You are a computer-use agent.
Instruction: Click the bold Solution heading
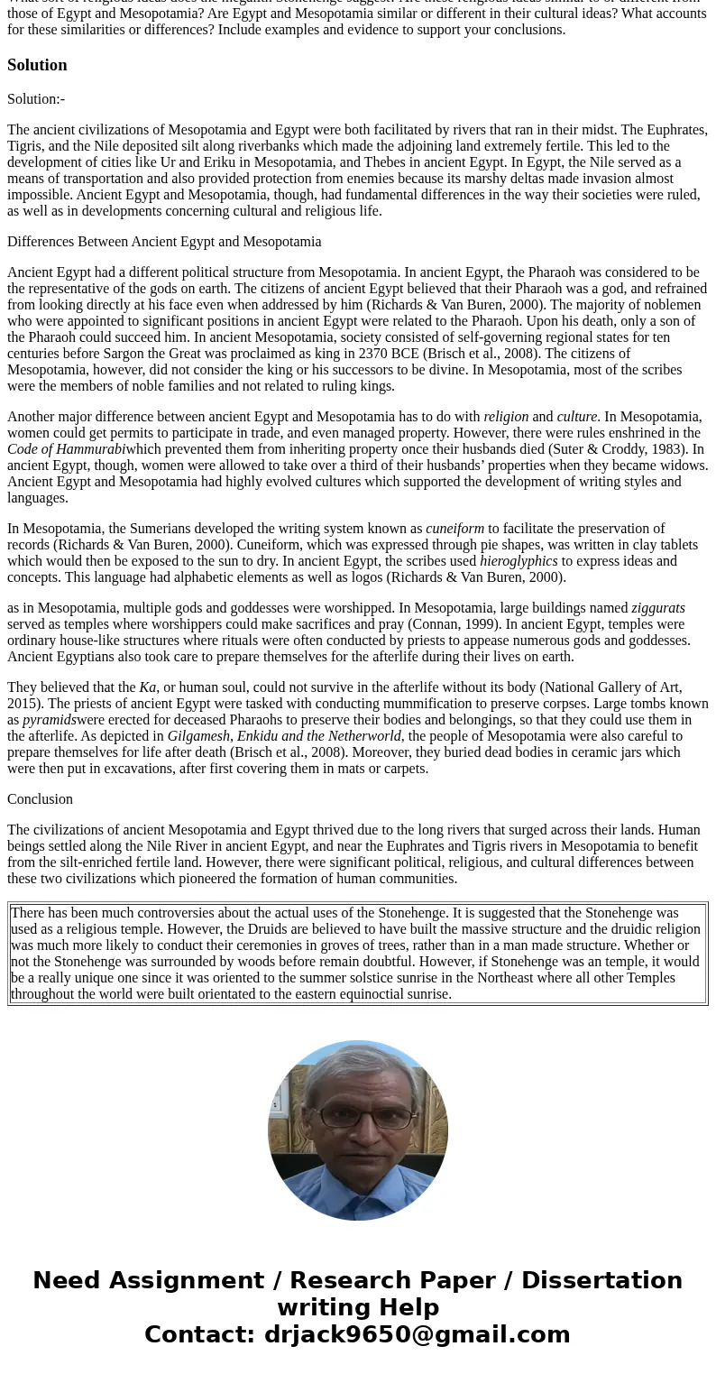coord(37,65)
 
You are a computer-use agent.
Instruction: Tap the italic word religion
coord(506,417)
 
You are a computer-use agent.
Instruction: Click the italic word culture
coord(576,417)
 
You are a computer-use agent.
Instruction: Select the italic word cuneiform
coord(454,529)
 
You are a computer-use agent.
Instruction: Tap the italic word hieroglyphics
coord(519,561)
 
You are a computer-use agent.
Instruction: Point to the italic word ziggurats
coord(658,608)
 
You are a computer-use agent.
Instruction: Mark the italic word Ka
coord(148,687)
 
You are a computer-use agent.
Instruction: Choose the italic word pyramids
coord(49,720)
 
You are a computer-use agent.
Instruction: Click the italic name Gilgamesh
coord(198,736)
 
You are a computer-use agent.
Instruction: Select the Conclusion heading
coord(40,799)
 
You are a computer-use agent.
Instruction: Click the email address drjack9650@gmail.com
coord(417,1334)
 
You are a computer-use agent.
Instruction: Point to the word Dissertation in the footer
coord(601,1280)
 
